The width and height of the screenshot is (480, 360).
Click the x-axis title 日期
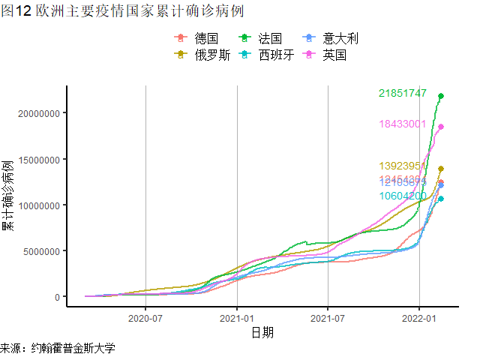[262, 332]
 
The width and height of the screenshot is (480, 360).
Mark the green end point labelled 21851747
[441, 96]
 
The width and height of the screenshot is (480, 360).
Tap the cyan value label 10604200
[403, 196]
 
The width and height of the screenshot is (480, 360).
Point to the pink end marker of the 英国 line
[441, 127]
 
